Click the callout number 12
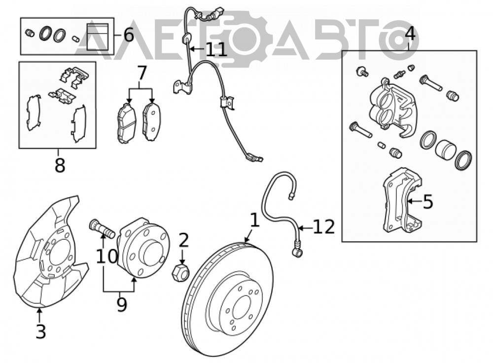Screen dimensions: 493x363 point(323,226)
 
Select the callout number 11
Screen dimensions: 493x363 point(216,50)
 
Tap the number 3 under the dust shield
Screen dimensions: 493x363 point(41,331)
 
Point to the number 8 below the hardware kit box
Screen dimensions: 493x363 point(60,165)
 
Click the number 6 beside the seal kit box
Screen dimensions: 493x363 point(129,35)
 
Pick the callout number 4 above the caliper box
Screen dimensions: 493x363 point(410,34)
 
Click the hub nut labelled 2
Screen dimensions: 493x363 point(180,272)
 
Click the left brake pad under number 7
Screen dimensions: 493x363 point(127,123)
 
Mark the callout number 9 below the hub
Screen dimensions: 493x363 point(121,304)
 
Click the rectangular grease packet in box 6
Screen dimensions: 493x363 point(98,37)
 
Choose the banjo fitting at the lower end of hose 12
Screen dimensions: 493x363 point(297,251)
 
